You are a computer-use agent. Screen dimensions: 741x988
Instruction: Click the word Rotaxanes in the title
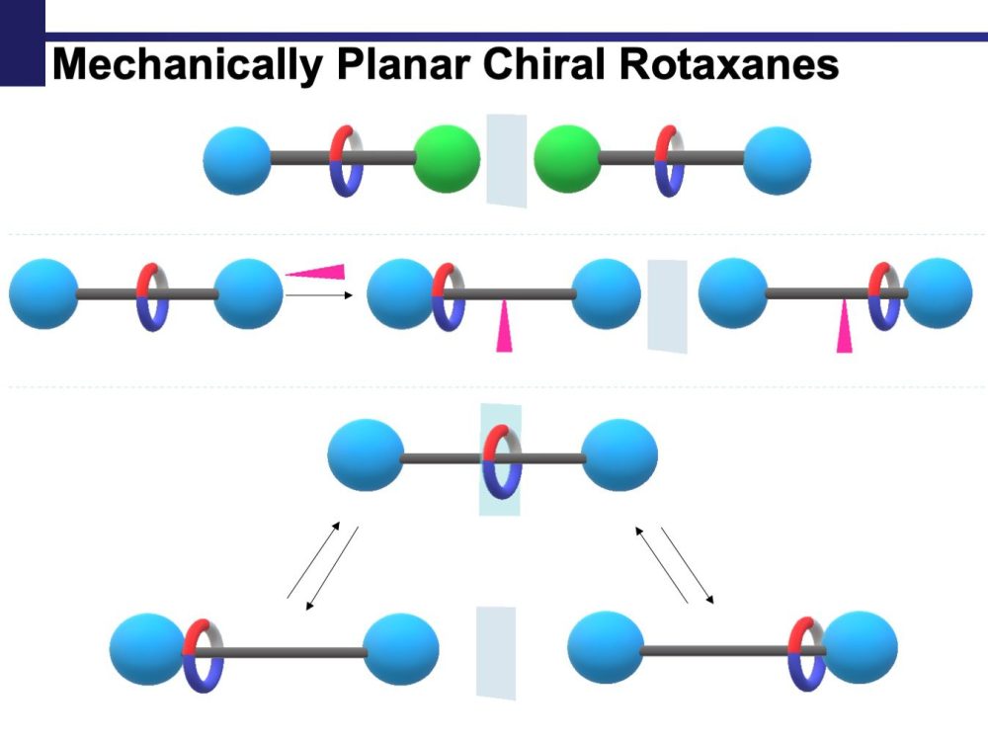(730, 65)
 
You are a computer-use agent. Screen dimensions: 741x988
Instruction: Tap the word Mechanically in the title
(188, 65)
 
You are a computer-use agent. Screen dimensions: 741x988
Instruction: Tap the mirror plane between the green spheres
(507, 160)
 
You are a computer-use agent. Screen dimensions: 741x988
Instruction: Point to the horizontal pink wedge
(319, 271)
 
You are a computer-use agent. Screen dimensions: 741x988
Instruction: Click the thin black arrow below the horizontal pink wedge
(318, 293)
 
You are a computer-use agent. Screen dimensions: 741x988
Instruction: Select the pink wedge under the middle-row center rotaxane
(504, 328)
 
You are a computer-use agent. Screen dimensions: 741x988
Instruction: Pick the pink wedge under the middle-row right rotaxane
(844, 328)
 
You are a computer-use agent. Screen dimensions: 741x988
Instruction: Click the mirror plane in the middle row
(667, 305)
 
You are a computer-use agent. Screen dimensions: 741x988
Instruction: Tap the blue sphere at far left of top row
(237, 160)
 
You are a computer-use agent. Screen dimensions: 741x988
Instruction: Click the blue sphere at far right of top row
(778, 160)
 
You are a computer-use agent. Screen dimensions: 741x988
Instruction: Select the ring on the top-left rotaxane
(346, 160)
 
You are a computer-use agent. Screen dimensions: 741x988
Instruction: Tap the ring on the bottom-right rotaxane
(806, 652)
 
